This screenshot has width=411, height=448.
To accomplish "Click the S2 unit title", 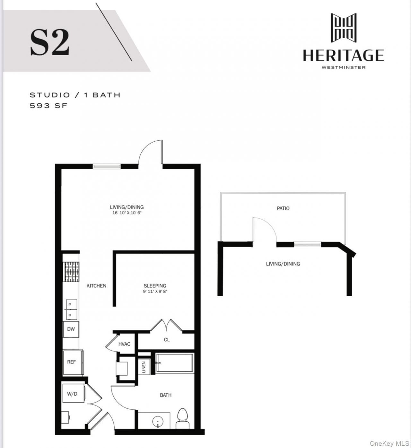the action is coord(49,42).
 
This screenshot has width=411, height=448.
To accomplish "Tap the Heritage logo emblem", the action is coord(343,28).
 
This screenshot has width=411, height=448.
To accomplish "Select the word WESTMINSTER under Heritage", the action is coord(344,67).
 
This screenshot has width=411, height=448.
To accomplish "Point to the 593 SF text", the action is coord(48,105).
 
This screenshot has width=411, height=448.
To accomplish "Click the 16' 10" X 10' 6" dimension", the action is coord(127,213).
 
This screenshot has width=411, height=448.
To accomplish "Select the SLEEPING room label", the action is coord(155,285).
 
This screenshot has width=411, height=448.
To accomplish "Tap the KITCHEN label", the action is coord(96,285).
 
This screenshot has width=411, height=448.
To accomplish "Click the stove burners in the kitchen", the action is coord(71,272).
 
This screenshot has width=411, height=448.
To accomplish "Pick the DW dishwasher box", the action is coord(71,329).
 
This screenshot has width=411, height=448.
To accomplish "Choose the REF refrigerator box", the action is coord(72,362).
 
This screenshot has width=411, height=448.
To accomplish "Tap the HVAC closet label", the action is coord(124,344).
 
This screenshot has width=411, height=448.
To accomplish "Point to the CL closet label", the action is coord(167,340).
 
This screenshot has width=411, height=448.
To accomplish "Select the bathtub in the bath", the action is coord(174,363).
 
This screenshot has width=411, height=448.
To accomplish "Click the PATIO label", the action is coord(283,208).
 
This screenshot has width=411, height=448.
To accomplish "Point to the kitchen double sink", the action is coord(72,310).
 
